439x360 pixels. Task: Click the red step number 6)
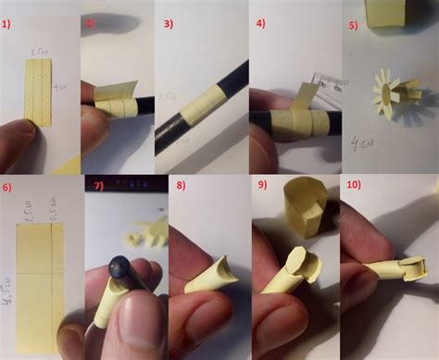click(8, 186)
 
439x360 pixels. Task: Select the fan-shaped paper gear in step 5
click(392, 93)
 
